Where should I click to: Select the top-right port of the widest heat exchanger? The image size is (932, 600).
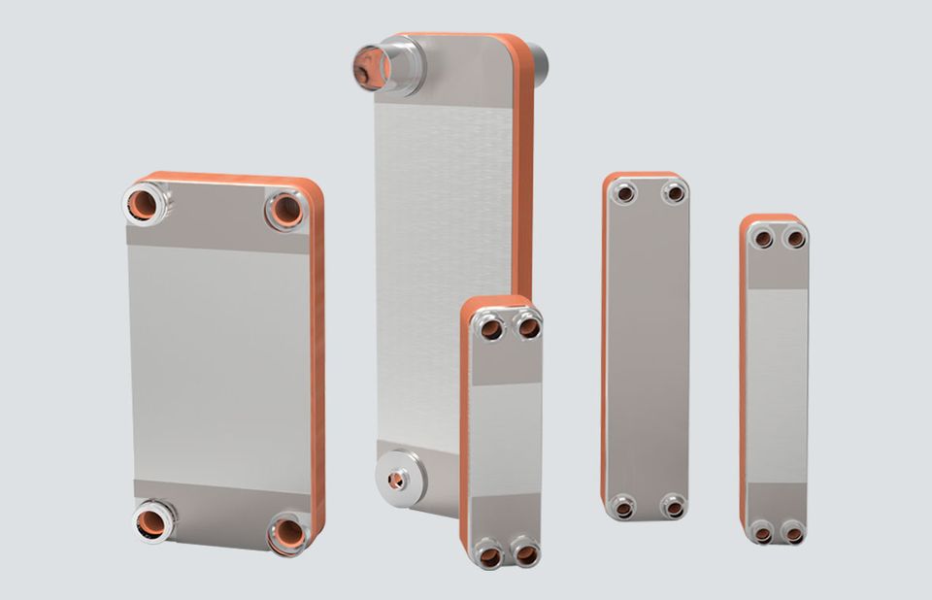click(x=286, y=210)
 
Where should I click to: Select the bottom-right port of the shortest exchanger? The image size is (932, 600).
click(x=526, y=554)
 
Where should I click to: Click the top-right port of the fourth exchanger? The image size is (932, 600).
click(x=674, y=193)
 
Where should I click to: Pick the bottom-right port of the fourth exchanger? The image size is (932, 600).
click(x=673, y=506)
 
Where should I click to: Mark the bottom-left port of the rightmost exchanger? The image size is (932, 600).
click(x=762, y=532)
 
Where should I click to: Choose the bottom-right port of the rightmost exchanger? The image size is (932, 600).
click(x=792, y=532)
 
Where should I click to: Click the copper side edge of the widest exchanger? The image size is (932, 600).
click(x=317, y=369)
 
